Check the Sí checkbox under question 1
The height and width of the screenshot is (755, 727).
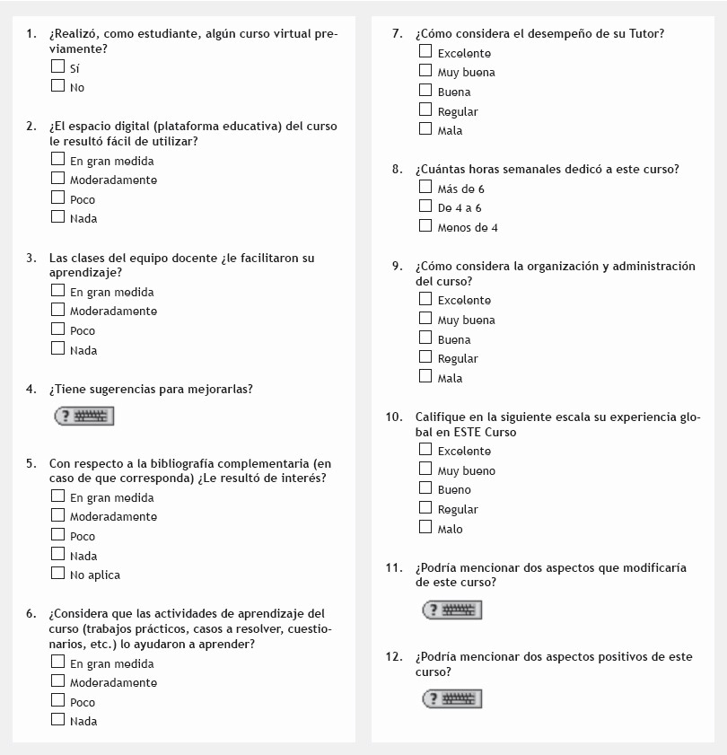(58, 66)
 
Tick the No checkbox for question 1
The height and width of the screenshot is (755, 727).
(58, 86)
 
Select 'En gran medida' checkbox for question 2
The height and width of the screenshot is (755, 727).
(58, 159)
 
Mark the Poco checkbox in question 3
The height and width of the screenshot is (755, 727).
(58, 329)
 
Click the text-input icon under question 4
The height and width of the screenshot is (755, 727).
(84, 417)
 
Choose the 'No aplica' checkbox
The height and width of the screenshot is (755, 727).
(58, 573)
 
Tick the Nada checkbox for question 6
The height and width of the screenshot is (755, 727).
(58, 719)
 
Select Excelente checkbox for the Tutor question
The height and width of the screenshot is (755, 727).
(425, 52)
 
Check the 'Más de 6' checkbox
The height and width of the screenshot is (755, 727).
(425, 187)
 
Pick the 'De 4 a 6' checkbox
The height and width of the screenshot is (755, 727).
(425, 206)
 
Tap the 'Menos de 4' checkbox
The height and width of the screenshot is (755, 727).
(425, 225)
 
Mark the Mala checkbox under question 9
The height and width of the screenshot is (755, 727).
(425, 376)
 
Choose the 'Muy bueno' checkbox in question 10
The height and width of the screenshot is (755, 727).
(425, 469)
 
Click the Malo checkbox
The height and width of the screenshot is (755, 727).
(425, 527)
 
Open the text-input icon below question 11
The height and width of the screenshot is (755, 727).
(452, 610)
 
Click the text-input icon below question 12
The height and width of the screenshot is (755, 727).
(452, 698)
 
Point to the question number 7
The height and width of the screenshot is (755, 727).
(397, 34)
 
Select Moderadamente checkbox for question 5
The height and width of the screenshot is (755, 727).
(58, 515)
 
